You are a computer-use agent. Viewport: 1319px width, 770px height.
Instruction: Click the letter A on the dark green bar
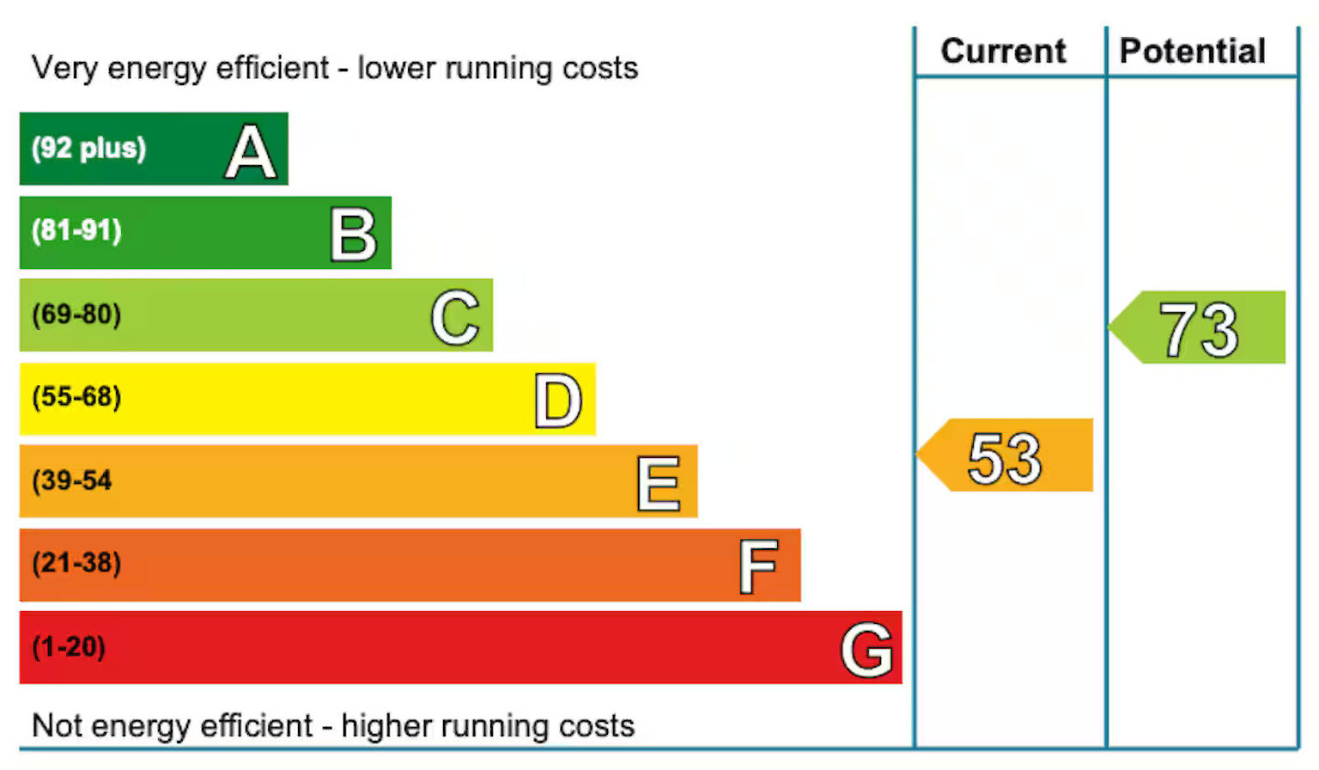tap(251, 152)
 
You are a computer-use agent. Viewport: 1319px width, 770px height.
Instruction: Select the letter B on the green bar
tap(354, 235)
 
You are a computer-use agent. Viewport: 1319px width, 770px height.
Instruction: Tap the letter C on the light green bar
tap(455, 317)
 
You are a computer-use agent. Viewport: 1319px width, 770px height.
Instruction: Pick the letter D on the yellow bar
tap(558, 400)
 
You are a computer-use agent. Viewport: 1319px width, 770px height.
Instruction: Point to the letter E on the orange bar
tap(659, 484)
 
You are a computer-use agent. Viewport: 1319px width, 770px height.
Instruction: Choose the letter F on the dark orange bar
tap(759, 567)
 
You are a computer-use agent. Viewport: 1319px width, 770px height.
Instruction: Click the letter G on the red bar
tap(866, 650)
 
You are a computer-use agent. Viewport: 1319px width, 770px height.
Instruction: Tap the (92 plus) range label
tap(88, 148)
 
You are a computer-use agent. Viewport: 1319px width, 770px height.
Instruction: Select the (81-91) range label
tap(76, 230)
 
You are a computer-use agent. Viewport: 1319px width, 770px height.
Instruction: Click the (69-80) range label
tap(76, 314)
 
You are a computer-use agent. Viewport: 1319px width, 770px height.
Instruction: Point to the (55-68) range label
tap(76, 396)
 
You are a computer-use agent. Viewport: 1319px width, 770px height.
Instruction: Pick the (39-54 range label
tap(72, 480)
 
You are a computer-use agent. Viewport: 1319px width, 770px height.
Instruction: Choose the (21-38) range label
tap(76, 563)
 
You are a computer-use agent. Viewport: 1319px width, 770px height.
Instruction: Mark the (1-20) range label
tap(69, 646)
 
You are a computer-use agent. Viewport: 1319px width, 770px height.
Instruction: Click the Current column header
tap(1003, 51)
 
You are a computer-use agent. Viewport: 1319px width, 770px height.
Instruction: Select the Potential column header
tap(1193, 51)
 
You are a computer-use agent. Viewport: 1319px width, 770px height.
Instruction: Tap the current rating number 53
tap(1005, 457)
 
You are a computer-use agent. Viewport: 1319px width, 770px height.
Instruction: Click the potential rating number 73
tap(1199, 329)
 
